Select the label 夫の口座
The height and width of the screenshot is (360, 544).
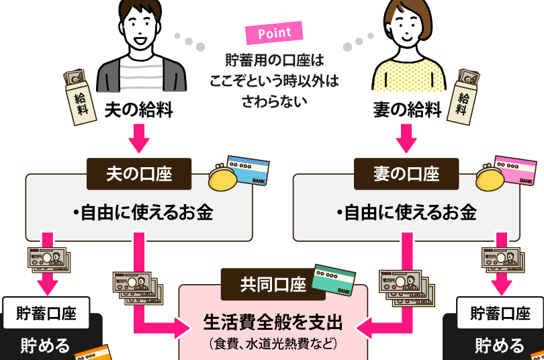(139, 174)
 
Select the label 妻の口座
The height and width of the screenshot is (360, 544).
(406, 174)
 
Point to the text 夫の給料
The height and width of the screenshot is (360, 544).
(139, 110)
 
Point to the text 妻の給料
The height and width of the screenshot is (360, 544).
(407, 110)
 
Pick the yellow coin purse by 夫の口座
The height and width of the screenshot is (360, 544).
(224, 181)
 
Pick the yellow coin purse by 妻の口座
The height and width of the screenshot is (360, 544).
(490, 181)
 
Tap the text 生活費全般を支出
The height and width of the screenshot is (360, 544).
(273, 322)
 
